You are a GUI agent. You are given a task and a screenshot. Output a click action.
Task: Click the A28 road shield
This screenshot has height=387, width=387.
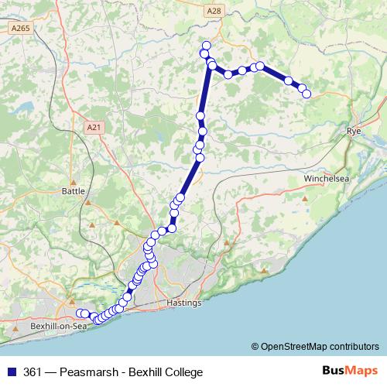(214, 11)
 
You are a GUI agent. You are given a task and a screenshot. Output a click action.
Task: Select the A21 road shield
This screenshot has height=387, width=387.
(94, 127)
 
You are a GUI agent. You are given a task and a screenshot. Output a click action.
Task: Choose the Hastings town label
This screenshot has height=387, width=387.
(184, 303)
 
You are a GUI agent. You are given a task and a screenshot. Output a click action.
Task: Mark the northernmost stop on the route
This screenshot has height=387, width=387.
(206, 46)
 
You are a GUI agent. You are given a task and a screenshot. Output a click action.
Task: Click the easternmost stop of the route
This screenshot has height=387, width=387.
(307, 94)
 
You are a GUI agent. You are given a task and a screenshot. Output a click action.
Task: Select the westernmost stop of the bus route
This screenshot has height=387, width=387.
(80, 313)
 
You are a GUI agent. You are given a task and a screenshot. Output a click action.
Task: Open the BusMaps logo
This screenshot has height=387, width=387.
(349, 371)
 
